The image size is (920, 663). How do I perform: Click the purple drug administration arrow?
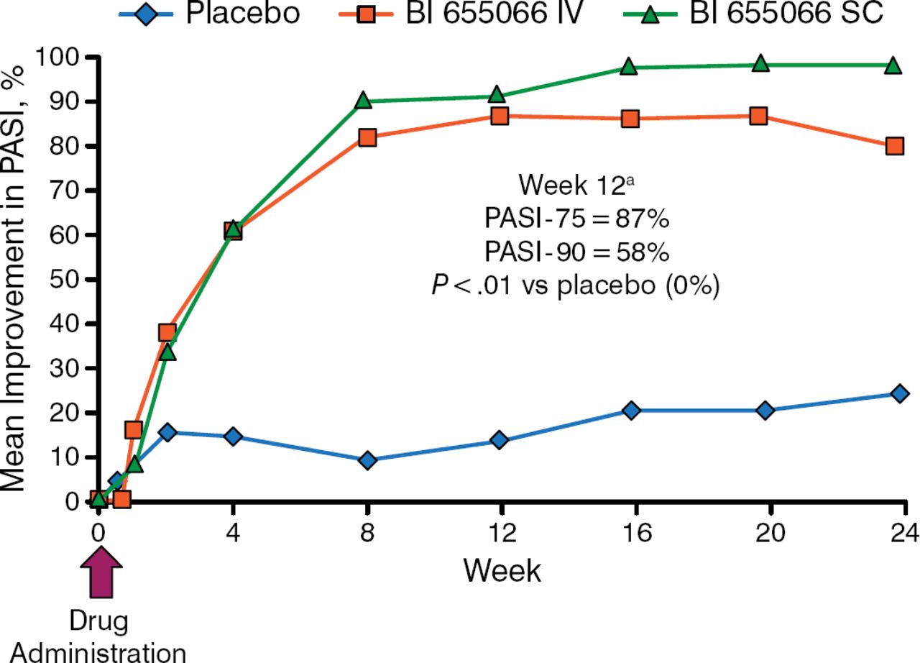(x=101, y=571)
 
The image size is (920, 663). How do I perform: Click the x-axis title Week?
(x=502, y=571)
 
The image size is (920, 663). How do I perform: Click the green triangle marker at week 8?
(x=364, y=101)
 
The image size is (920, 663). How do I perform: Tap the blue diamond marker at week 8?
(x=367, y=459)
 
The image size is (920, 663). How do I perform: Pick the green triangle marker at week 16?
(x=629, y=67)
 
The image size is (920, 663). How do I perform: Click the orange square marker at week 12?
(x=500, y=116)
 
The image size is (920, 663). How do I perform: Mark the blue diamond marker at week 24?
(x=898, y=393)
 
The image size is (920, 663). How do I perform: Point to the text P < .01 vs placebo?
(x=574, y=285)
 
